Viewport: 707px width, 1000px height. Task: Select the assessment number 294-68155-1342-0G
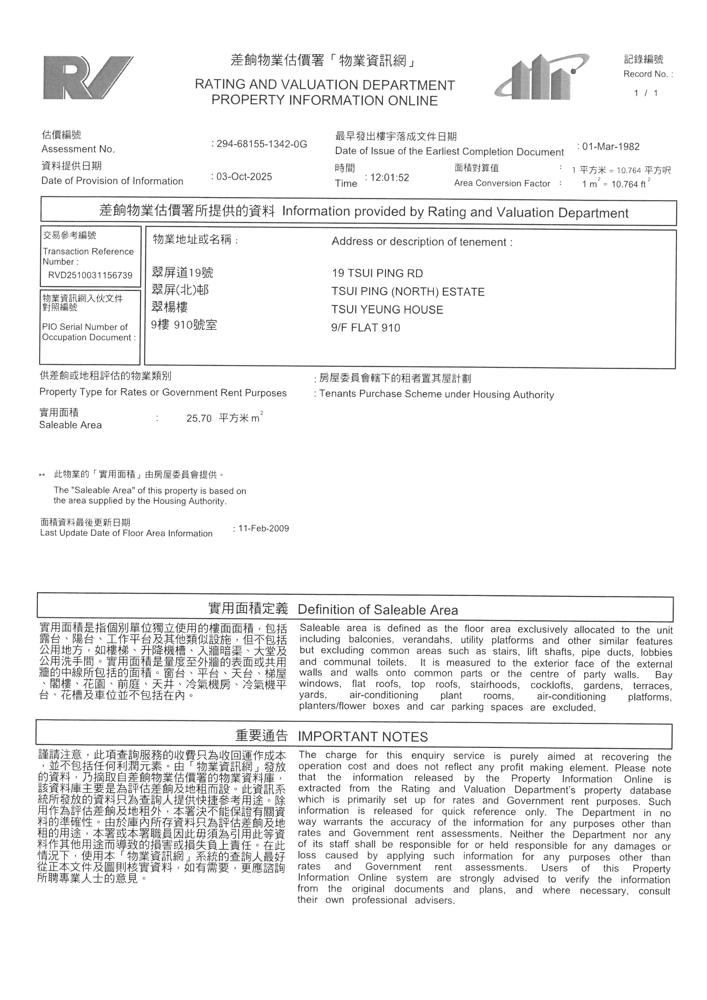pyautogui.click(x=261, y=144)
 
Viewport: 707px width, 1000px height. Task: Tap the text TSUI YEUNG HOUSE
pyautogui.click(x=387, y=310)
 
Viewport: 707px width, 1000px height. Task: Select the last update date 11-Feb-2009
pyautogui.click(x=263, y=528)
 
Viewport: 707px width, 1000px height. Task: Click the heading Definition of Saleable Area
pyautogui.click(x=377, y=610)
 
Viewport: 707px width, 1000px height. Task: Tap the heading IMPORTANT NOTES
pyautogui.click(x=363, y=737)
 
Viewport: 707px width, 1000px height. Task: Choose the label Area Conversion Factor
pyautogui.click(x=502, y=183)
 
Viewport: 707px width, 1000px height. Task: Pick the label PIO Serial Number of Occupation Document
pyautogui.click(x=89, y=332)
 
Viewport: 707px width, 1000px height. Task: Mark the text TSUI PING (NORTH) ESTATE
pyautogui.click(x=408, y=292)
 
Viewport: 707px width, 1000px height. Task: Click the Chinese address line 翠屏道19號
pyautogui.click(x=182, y=273)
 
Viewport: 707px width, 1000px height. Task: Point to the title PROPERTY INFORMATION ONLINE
pyautogui.click(x=324, y=101)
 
